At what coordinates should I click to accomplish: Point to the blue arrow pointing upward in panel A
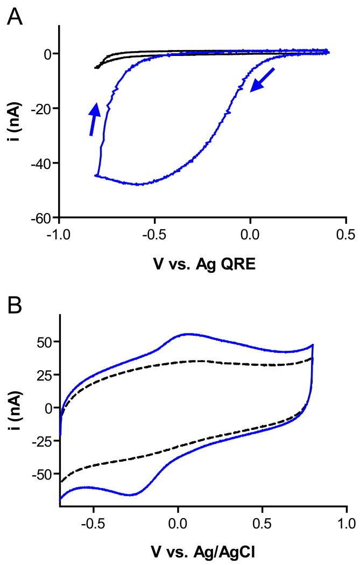(94, 119)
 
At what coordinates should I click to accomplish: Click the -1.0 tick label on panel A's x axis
(59, 235)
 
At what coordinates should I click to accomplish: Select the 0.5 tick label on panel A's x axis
(345, 235)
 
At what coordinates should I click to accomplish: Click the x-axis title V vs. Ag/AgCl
(203, 549)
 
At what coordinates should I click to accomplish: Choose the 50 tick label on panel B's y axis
(44, 342)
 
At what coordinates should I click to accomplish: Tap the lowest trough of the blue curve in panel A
(139, 185)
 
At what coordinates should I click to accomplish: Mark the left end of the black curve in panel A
(96, 68)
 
